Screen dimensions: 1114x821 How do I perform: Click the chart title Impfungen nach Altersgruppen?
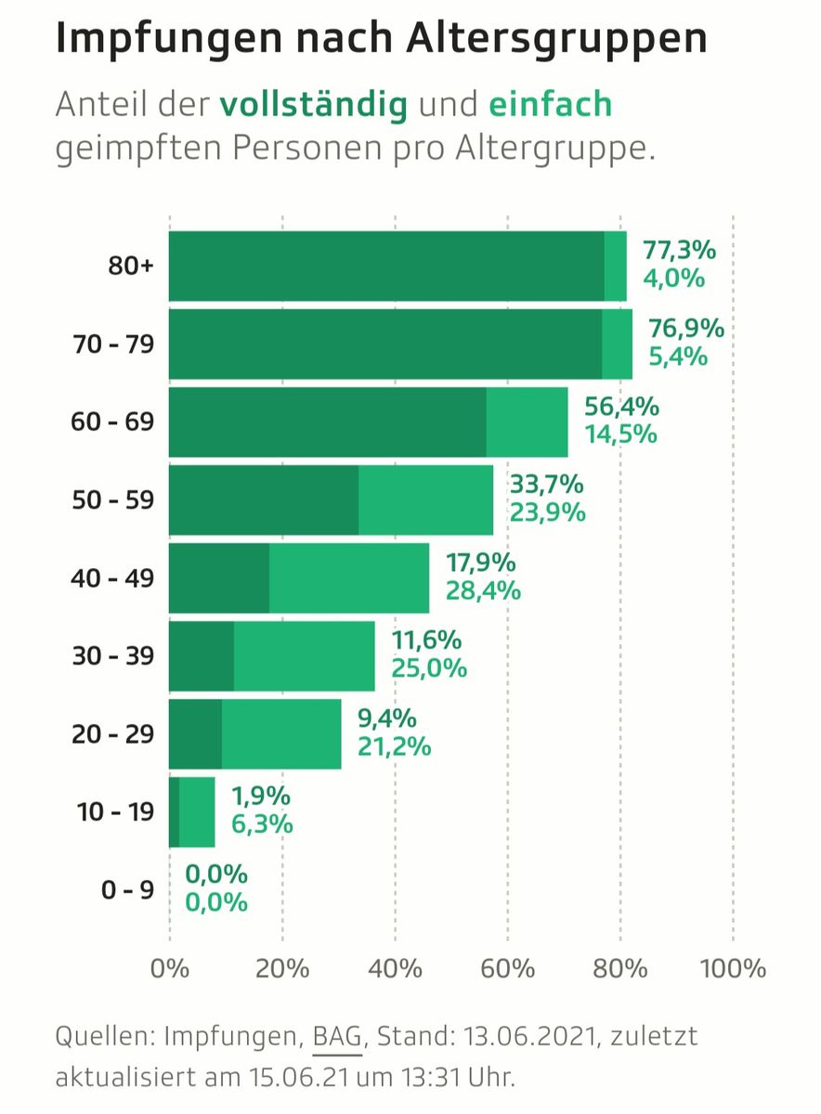coord(381,39)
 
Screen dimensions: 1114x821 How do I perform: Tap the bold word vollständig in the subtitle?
coord(314,104)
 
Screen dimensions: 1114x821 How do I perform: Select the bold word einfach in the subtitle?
coord(551,104)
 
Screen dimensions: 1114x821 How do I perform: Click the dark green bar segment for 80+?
coord(386,266)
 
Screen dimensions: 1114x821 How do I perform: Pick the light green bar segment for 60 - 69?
coord(527,422)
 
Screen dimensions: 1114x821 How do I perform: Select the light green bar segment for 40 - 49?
coord(349,578)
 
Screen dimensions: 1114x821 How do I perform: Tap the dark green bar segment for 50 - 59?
coord(264,500)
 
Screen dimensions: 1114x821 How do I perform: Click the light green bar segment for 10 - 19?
coord(197,812)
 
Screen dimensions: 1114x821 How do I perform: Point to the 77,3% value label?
coord(679,251)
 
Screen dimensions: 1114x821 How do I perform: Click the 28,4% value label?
coord(483,591)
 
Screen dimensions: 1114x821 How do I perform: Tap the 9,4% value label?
coord(386,719)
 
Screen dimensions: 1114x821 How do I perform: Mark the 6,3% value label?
coord(262,824)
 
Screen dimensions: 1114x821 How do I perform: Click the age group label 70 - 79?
coord(114,344)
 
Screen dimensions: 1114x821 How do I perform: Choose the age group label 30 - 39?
coord(114,656)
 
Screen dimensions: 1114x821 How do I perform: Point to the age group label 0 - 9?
coord(127,890)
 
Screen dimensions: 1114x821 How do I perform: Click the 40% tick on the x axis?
coord(395,969)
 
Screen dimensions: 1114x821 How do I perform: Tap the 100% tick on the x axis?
coord(733,969)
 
